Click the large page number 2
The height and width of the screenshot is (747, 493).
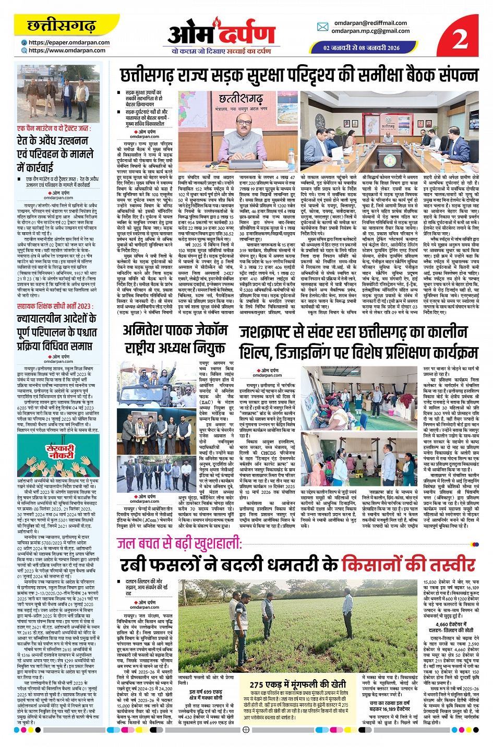(460, 37)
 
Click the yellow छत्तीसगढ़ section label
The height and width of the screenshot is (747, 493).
(61, 26)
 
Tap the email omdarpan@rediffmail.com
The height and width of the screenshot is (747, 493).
(370, 23)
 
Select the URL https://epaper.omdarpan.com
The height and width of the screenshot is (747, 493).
(69, 43)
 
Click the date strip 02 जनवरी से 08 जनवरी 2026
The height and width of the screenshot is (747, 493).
(361, 48)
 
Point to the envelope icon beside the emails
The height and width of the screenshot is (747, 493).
(322, 27)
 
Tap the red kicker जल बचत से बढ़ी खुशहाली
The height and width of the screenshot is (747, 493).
(179, 543)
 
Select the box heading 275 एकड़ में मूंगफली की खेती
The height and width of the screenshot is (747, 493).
(298, 684)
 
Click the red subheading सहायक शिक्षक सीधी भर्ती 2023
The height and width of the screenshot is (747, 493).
(54, 306)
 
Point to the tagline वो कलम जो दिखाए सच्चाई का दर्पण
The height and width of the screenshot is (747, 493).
(221, 51)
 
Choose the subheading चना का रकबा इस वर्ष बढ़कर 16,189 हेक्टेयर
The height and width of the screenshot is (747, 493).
(390, 706)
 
